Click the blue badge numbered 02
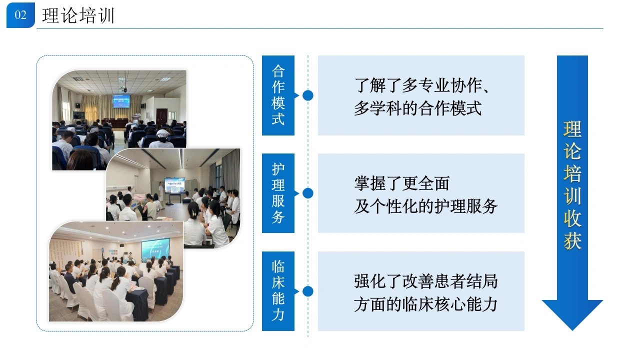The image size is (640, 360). click(x=20, y=15)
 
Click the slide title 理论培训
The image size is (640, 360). click(x=78, y=15)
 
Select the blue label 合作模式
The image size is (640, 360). click(x=278, y=95)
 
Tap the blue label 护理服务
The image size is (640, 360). click(x=278, y=193)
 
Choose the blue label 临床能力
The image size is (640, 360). click(x=278, y=291)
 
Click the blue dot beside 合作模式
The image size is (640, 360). click(x=307, y=95)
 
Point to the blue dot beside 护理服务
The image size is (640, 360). click(x=307, y=193)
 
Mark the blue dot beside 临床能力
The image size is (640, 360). click(x=307, y=291)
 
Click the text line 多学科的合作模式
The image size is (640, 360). click(x=417, y=108)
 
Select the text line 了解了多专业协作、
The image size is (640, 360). click(x=421, y=85)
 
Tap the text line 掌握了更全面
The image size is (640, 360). click(x=402, y=183)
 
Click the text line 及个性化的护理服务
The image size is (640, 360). click(x=425, y=206)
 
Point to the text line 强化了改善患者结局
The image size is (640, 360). click(x=425, y=281)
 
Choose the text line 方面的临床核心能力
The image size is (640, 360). click(x=425, y=304)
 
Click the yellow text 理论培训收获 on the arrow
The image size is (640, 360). click(x=572, y=185)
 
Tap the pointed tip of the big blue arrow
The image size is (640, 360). click(x=572, y=330)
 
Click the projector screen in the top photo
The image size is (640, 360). click(x=121, y=101)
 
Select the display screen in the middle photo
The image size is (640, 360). click(x=174, y=185)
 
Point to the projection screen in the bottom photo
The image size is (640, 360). click(x=155, y=248)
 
